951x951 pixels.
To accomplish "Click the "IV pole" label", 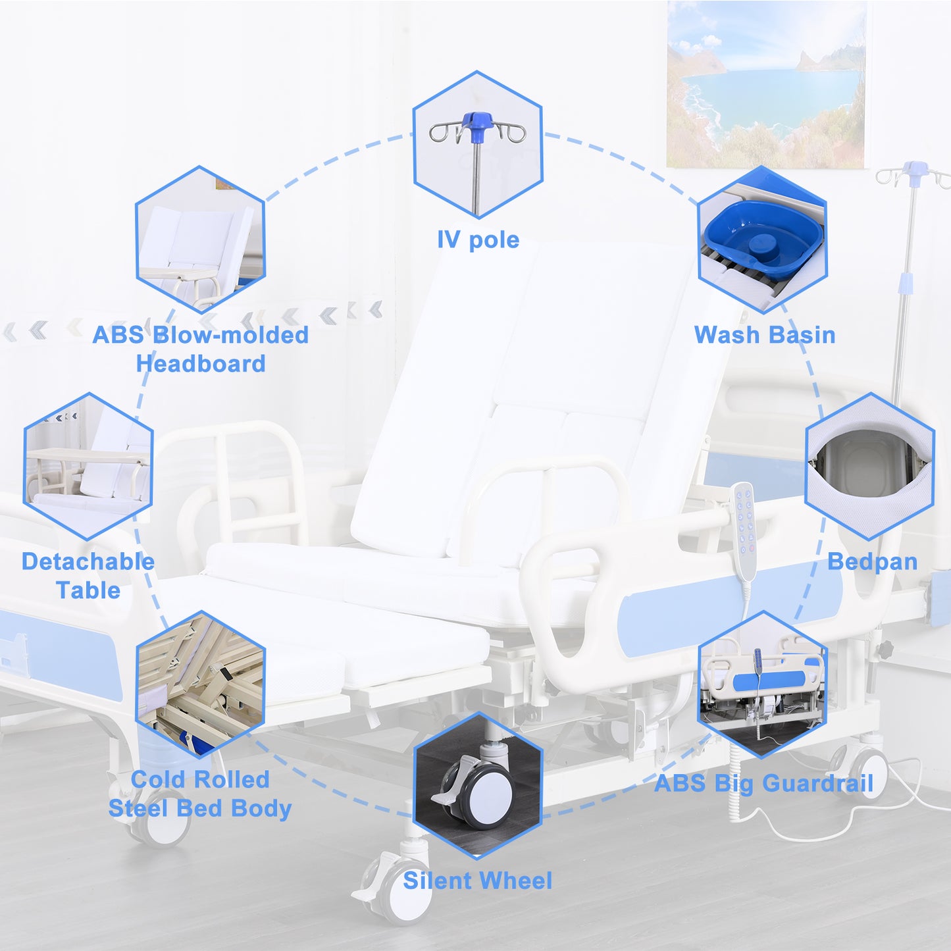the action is point(478,240).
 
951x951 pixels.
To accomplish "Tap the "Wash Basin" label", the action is point(765,335).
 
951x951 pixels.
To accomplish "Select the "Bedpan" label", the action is point(872,561).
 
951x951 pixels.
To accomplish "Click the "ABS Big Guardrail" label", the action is point(763,783).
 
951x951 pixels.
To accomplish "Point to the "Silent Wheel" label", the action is point(477,881).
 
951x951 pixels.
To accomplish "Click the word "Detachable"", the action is point(88,561).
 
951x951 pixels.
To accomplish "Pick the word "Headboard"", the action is point(200,364).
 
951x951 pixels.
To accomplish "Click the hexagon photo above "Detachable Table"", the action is point(88,466).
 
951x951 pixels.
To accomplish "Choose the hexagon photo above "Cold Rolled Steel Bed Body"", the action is point(200,684).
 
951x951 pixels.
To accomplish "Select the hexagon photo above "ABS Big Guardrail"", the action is point(763,684).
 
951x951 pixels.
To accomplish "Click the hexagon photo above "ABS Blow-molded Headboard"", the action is point(200,240).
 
